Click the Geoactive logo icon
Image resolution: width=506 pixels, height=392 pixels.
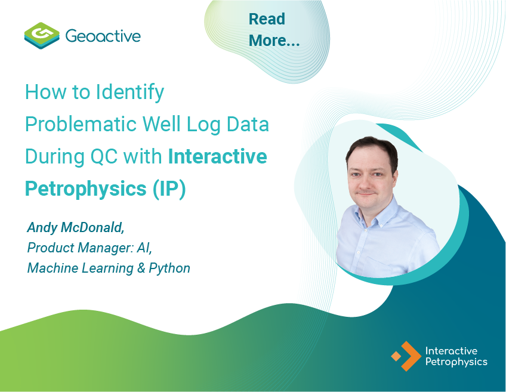coord(41,36)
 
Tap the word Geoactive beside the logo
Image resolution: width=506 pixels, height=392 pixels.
coord(103,36)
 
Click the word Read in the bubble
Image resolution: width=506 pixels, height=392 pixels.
coord(267,19)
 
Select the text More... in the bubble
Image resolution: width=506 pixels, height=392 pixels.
coord(274,41)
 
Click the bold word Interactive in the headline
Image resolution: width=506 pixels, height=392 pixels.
coord(217,156)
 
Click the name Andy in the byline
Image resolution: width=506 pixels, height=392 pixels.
coord(41,227)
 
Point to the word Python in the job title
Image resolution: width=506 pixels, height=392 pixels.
coord(169,268)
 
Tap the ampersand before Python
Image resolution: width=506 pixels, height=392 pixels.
coord(141,268)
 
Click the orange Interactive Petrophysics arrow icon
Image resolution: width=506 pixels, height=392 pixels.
coord(406,356)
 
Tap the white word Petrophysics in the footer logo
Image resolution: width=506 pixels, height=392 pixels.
coord(456,362)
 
